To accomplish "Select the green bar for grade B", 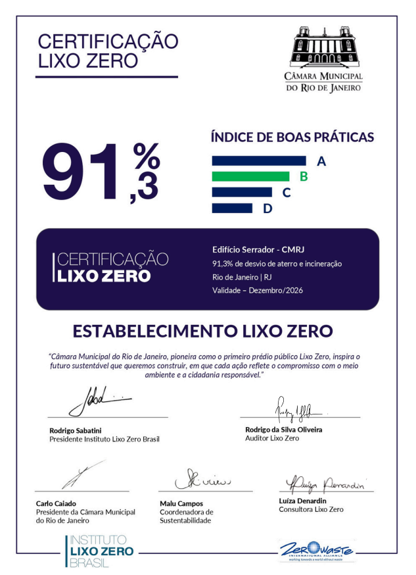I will (x=250, y=176).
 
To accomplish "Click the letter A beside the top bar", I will (x=321, y=161).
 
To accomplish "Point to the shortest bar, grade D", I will (x=233, y=208).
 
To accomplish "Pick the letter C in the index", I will (x=287, y=193).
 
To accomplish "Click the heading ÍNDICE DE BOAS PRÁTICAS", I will (x=292, y=137).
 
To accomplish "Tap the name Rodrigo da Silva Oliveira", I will (x=279, y=430).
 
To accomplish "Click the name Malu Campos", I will (x=181, y=504).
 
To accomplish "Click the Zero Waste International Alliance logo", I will (x=315, y=550).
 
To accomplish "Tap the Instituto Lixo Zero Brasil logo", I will (x=99, y=551).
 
